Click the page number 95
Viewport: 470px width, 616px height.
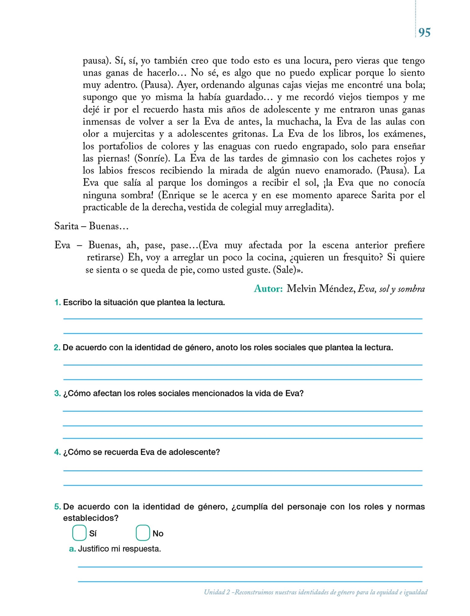(x=424, y=32)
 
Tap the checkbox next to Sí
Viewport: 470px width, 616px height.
(x=79, y=533)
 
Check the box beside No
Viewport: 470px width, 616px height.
(x=143, y=533)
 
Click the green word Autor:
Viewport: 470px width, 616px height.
(x=268, y=289)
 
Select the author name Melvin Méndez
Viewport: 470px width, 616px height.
(x=320, y=289)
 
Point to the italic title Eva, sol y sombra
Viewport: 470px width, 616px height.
(x=391, y=289)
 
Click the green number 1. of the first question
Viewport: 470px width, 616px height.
(x=57, y=303)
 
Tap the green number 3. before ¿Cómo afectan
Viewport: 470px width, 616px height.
(x=57, y=393)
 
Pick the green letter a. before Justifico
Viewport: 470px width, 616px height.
(x=72, y=549)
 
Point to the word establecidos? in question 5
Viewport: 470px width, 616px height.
(x=90, y=518)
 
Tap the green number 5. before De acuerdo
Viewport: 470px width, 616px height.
(x=57, y=507)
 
